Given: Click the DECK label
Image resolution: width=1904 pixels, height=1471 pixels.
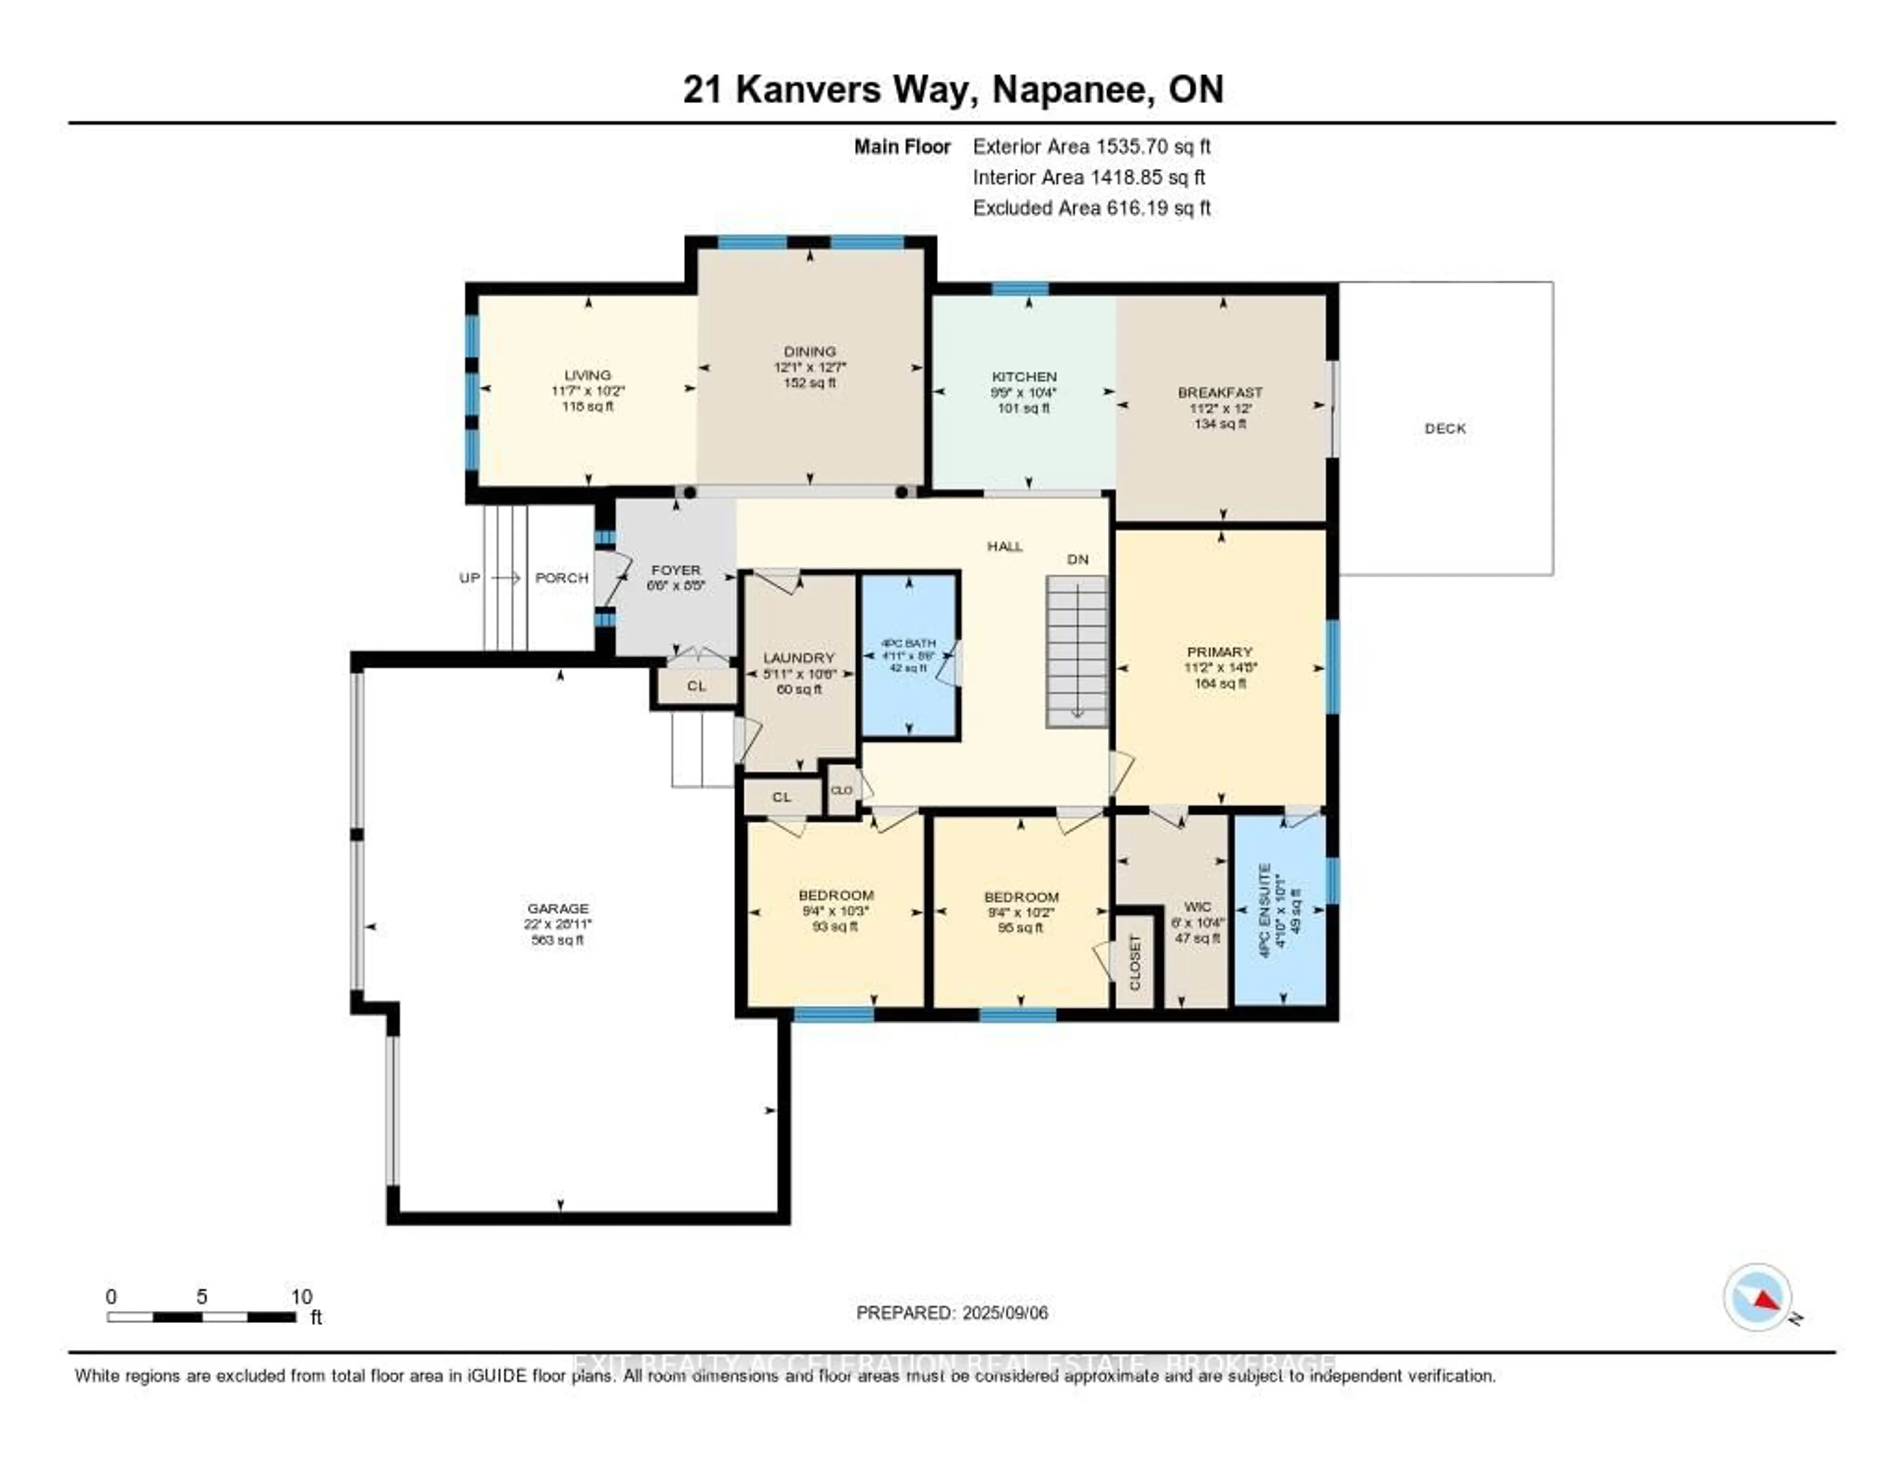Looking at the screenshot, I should pyautogui.click(x=1444, y=428).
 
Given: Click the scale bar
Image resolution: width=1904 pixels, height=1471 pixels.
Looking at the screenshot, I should pyautogui.click(x=201, y=1317).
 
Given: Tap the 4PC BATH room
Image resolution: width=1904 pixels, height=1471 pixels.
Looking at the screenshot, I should pyautogui.click(x=909, y=656).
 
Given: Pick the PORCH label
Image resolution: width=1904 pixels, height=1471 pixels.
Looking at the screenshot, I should pyautogui.click(x=561, y=577).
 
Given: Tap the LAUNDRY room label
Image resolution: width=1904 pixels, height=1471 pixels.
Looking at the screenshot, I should pyautogui.click(x=799, y=658).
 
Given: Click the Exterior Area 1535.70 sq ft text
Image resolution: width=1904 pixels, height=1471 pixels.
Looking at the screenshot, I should pyautogui.click(x=1091, y=146).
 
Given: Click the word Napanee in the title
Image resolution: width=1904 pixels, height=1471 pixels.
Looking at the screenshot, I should pyautogui.click(x=1068, y=90).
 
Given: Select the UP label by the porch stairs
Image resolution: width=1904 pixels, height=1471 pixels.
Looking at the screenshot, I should pyautogui.click(x=469, y=577).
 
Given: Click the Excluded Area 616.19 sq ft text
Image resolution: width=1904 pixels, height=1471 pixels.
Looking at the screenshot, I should pyautogui.click(x=1091, y=207).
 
